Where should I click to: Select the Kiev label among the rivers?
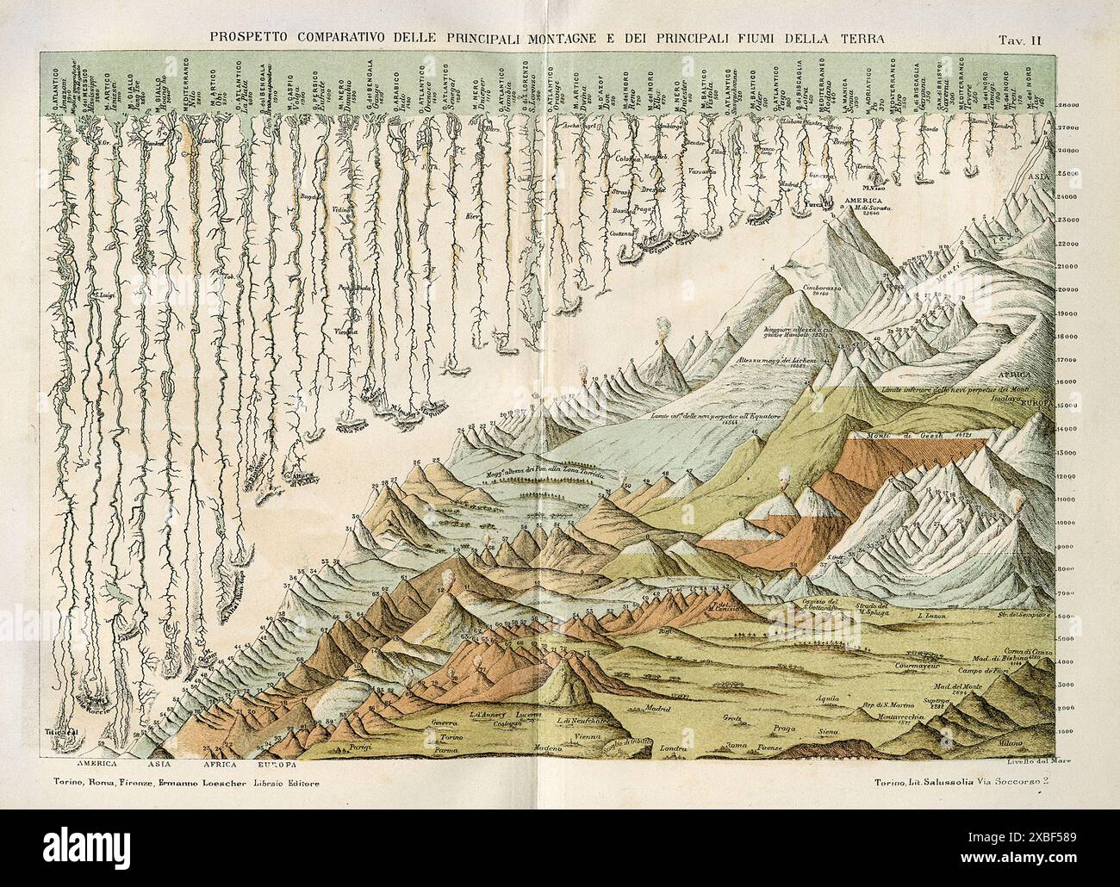click(x=471, y=216)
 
